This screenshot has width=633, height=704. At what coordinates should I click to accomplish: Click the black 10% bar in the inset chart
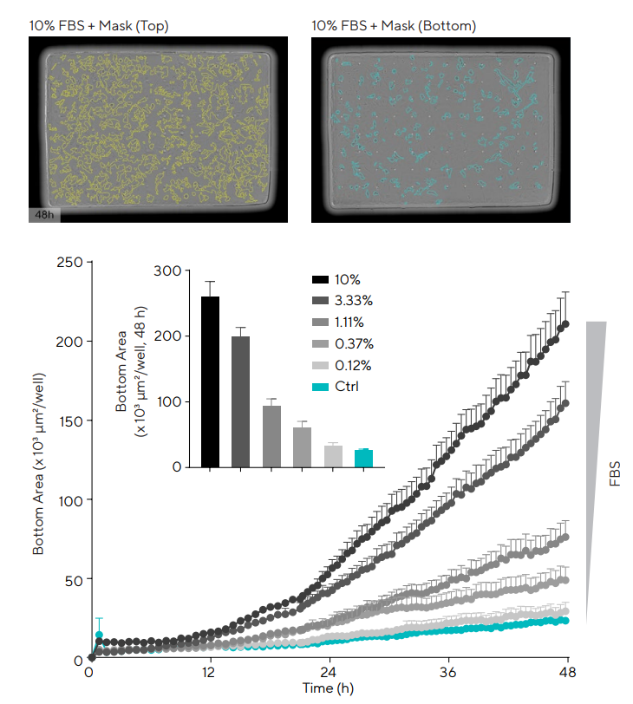[x=210, y=381]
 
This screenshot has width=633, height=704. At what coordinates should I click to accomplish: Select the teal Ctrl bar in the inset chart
[x=363, y=458]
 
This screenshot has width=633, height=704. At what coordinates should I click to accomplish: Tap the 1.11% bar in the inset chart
[x=271, y=436]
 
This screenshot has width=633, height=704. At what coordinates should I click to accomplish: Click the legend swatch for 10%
[x=319, y=280]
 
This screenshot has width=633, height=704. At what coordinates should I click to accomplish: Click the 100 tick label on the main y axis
[x=71, y=500]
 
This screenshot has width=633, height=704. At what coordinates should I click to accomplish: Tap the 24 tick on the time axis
[x=328, y=674]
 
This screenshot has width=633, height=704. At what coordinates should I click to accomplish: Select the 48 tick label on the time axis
[x=569, y=674]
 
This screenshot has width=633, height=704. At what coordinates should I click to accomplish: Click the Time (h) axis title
[x=328, y=690]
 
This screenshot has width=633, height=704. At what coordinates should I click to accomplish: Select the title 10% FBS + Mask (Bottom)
[x=394, y=26]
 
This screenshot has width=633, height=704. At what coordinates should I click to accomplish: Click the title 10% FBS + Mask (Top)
[x=99, y=26]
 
